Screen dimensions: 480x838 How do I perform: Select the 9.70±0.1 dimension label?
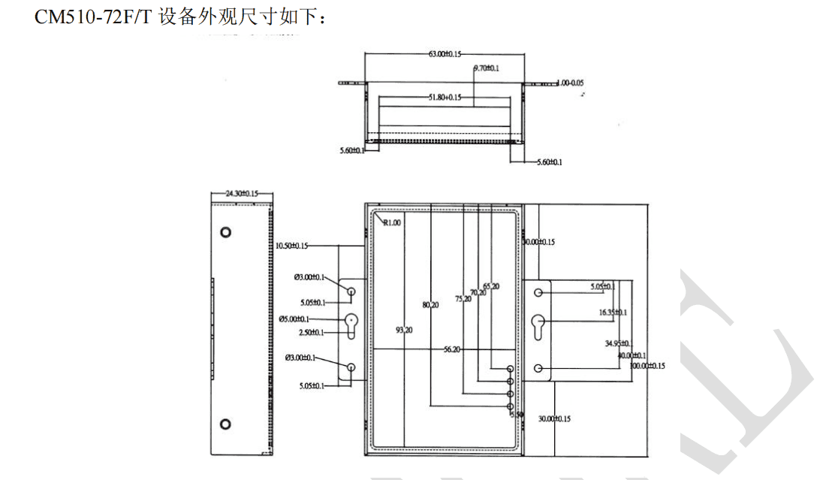point(487,68)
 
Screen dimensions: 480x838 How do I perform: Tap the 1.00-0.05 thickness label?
point(571,83)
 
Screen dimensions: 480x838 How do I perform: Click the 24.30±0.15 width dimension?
point(241,194)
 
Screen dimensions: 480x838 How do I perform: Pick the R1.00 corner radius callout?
point(392,222)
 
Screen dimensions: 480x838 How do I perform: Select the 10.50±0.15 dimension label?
point(291,246)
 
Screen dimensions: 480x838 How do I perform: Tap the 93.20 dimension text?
point(404,330)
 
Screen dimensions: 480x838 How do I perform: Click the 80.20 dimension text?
point(430,305)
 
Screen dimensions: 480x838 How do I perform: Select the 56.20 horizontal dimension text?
point(452,349)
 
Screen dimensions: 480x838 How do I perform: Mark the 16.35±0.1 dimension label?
point(613,312)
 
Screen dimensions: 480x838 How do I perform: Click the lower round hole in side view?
point(225,424)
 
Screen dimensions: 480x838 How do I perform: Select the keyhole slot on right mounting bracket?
point(538,329)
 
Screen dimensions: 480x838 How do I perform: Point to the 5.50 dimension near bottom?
point(516,414)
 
